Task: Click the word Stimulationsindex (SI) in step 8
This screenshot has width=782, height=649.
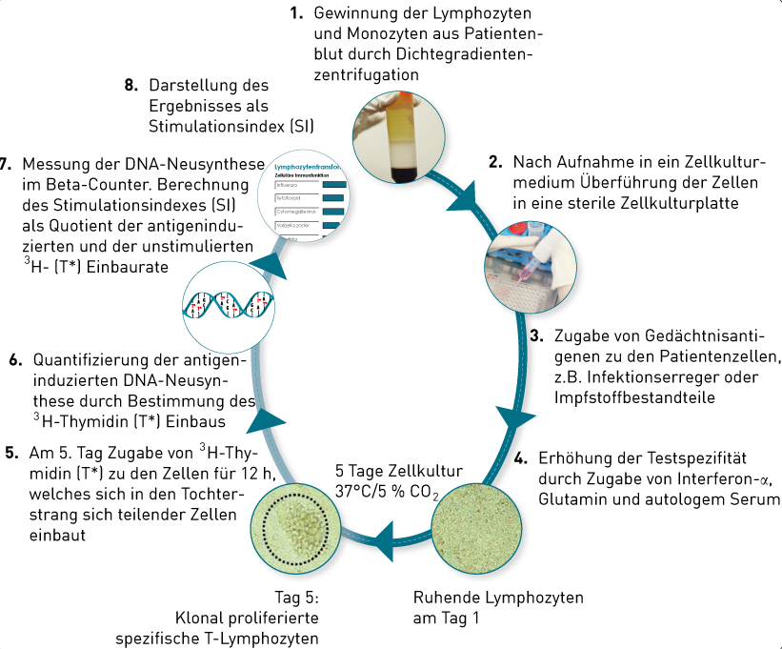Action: [x=231, y=125]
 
